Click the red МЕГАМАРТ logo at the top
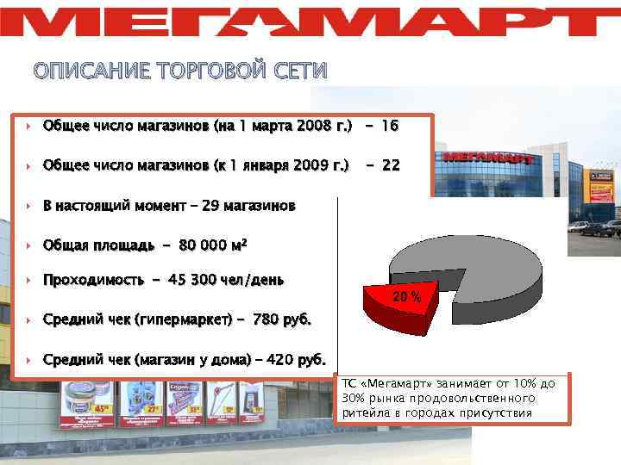pyautogui.click(x=310, y=21)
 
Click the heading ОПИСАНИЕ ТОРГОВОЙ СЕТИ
pyautogui.click(x=180, y=71)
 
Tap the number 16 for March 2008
pyautogui.click(x=388, y=126)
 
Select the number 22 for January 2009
pyautogui.click(x=390, y=164)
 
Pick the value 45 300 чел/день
pyautogui.click(x=227, y=281)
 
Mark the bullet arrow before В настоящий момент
pyautogui.click(x=29, y=206)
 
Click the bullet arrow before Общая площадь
pyautogui.click(x=29, y=245)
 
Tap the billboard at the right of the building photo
pyautogui.click(x=600, y=186)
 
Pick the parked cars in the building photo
pyautogui.click(x=595, y=228)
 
